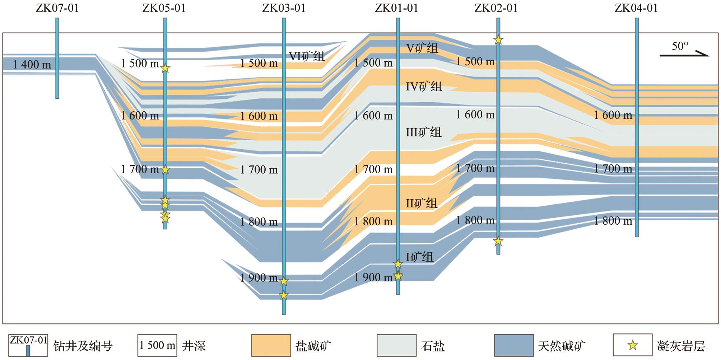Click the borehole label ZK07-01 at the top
point(57,8)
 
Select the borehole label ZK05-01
point(164,8)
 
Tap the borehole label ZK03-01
point(284,8)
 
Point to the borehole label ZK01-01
point(397,8)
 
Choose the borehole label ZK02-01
point(496,8)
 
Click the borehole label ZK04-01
point(636,8)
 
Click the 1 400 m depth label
point(32,65)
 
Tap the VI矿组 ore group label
point(307,56)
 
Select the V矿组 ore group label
point(422,48)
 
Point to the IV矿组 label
point(424,87)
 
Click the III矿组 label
point(423,132)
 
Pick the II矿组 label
point(422,203)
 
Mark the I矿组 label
point(419,257)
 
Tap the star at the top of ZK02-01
point(498,40)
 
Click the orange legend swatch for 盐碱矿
point(271,345)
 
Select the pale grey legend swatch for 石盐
point(396,345)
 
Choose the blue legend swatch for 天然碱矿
point(513,345)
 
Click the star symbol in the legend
point(632,346)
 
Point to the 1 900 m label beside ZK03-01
point(259,277)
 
